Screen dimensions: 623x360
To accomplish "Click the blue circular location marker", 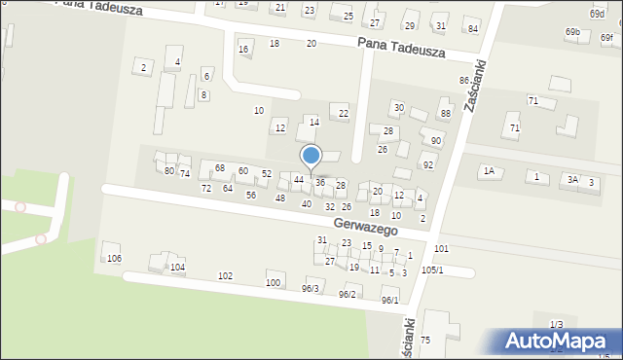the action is [x=311, y=156].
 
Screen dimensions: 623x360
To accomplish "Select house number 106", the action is [x=114, y=258].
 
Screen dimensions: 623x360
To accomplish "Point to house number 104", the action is [x=177, y=267].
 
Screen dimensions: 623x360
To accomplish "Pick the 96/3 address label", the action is [x=311, y=288].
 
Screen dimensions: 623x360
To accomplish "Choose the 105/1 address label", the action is [x=432, y=270].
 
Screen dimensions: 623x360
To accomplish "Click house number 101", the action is [x=441, y=250].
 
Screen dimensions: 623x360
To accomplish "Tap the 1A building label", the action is [x=489, y=171].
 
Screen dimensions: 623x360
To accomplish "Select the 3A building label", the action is [x=573, y=179].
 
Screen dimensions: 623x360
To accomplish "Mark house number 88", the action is [x=446, y=114].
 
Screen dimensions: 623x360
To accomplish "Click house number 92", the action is [x=427, y=164].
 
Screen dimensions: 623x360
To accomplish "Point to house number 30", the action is [x=398, y=106].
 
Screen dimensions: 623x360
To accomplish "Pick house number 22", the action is [x=343, y=114].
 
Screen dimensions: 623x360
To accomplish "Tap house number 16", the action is [x=243, y=49].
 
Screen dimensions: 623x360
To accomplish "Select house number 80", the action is [x=169, y=170].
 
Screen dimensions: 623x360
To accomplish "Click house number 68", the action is [x=220, y=168].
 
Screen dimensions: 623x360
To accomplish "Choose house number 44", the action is [x=299, y=180].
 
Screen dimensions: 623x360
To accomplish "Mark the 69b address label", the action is [x=572, y=32].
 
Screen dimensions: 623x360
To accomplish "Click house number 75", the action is [x=425, y=340].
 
